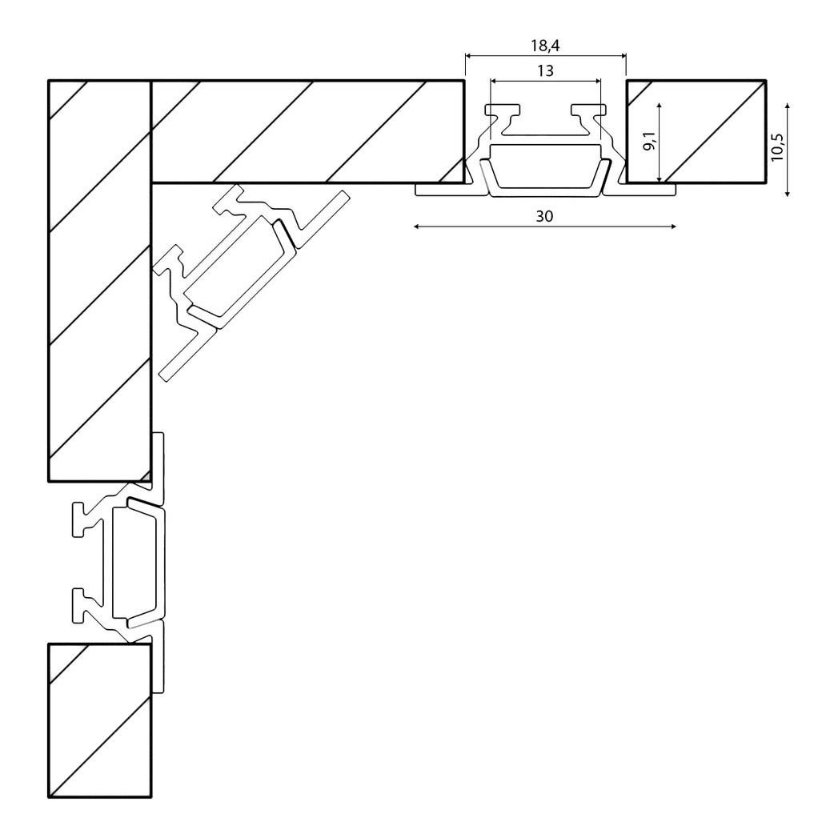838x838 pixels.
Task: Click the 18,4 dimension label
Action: tap(545, 46)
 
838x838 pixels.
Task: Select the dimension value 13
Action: tap(545, 70)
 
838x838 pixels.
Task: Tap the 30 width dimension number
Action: tap(544, 216)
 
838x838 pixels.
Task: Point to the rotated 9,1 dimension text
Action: tap(649, 142)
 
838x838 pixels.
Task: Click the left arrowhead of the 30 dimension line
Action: tap(417, 227)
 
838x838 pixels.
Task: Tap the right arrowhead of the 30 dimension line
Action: tap(673, 227)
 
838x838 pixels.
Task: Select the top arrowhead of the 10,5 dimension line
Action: tap(788, 107)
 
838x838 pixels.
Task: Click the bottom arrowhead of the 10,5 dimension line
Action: tap(788, 193)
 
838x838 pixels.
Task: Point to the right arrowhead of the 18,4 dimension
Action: tap(623, 55)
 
